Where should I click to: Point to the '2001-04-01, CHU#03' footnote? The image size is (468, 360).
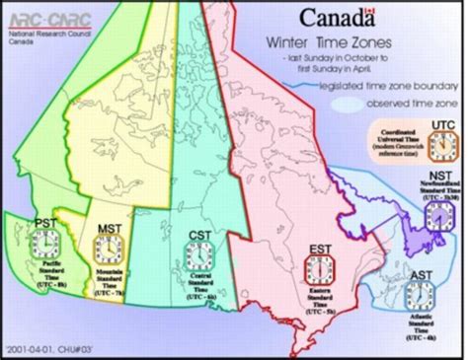point(41,348)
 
